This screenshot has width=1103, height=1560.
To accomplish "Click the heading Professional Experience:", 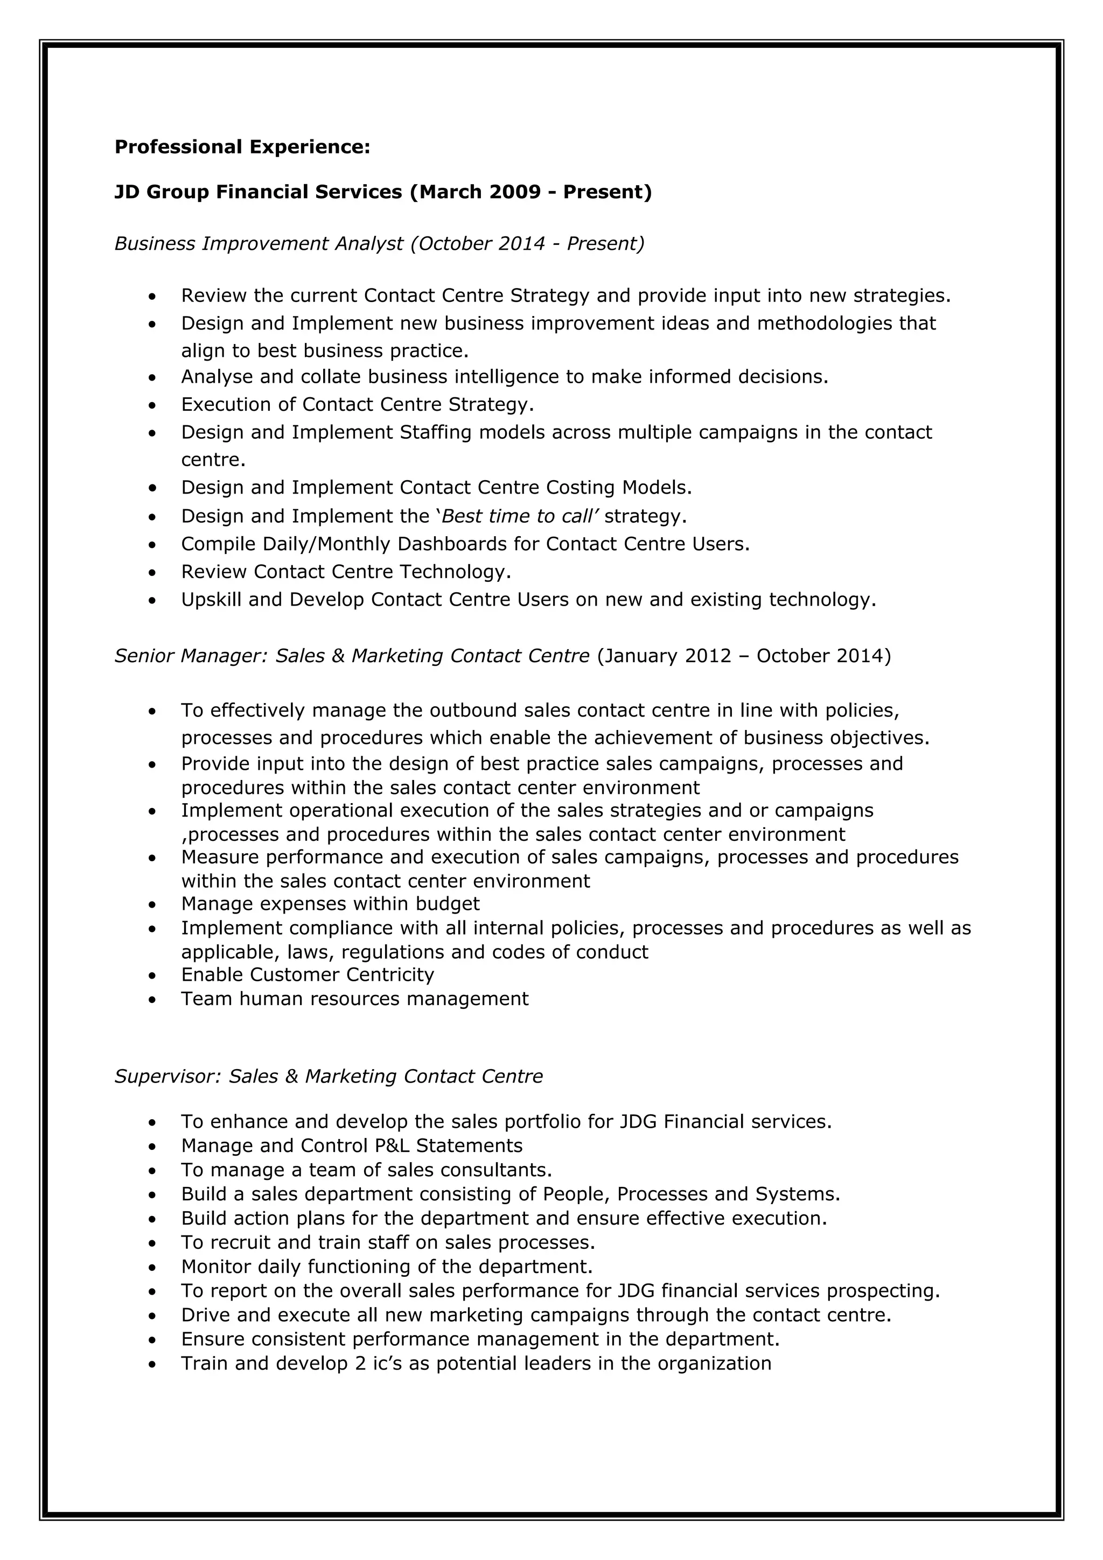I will pos(242,147).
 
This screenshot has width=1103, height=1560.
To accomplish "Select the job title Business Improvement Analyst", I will pos(259,243).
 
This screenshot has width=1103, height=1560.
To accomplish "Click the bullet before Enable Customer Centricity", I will pos(152,976).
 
